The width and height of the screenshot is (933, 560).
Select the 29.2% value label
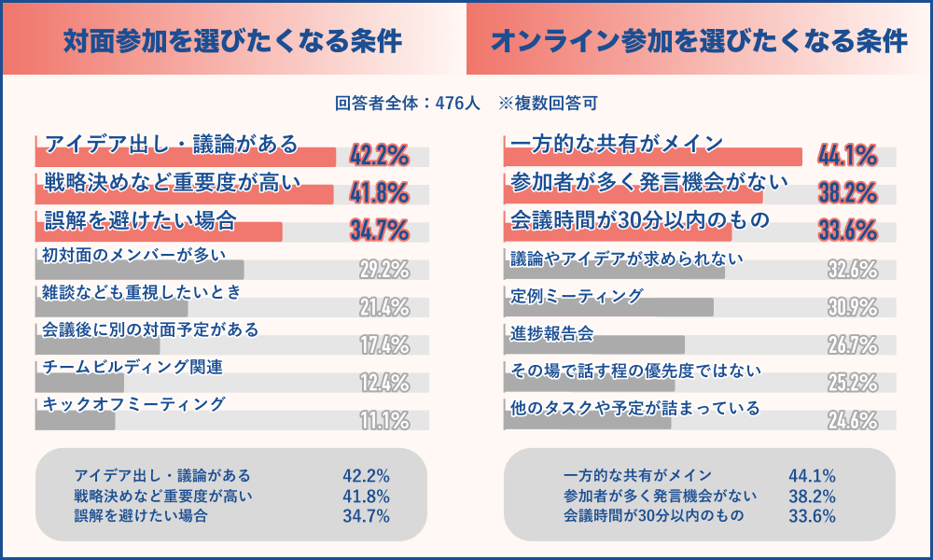pos(384,271)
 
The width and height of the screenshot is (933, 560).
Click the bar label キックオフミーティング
pos(134,404)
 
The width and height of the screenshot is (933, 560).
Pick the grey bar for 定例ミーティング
pos(608,308)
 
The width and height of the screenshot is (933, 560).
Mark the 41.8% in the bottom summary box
pos(366,496)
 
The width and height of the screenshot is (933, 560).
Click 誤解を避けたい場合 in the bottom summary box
pos(141,515)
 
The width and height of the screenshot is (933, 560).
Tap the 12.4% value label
pos(384,383)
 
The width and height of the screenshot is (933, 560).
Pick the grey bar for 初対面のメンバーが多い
pos(140,271)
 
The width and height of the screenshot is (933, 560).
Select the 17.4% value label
pos(384,345)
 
